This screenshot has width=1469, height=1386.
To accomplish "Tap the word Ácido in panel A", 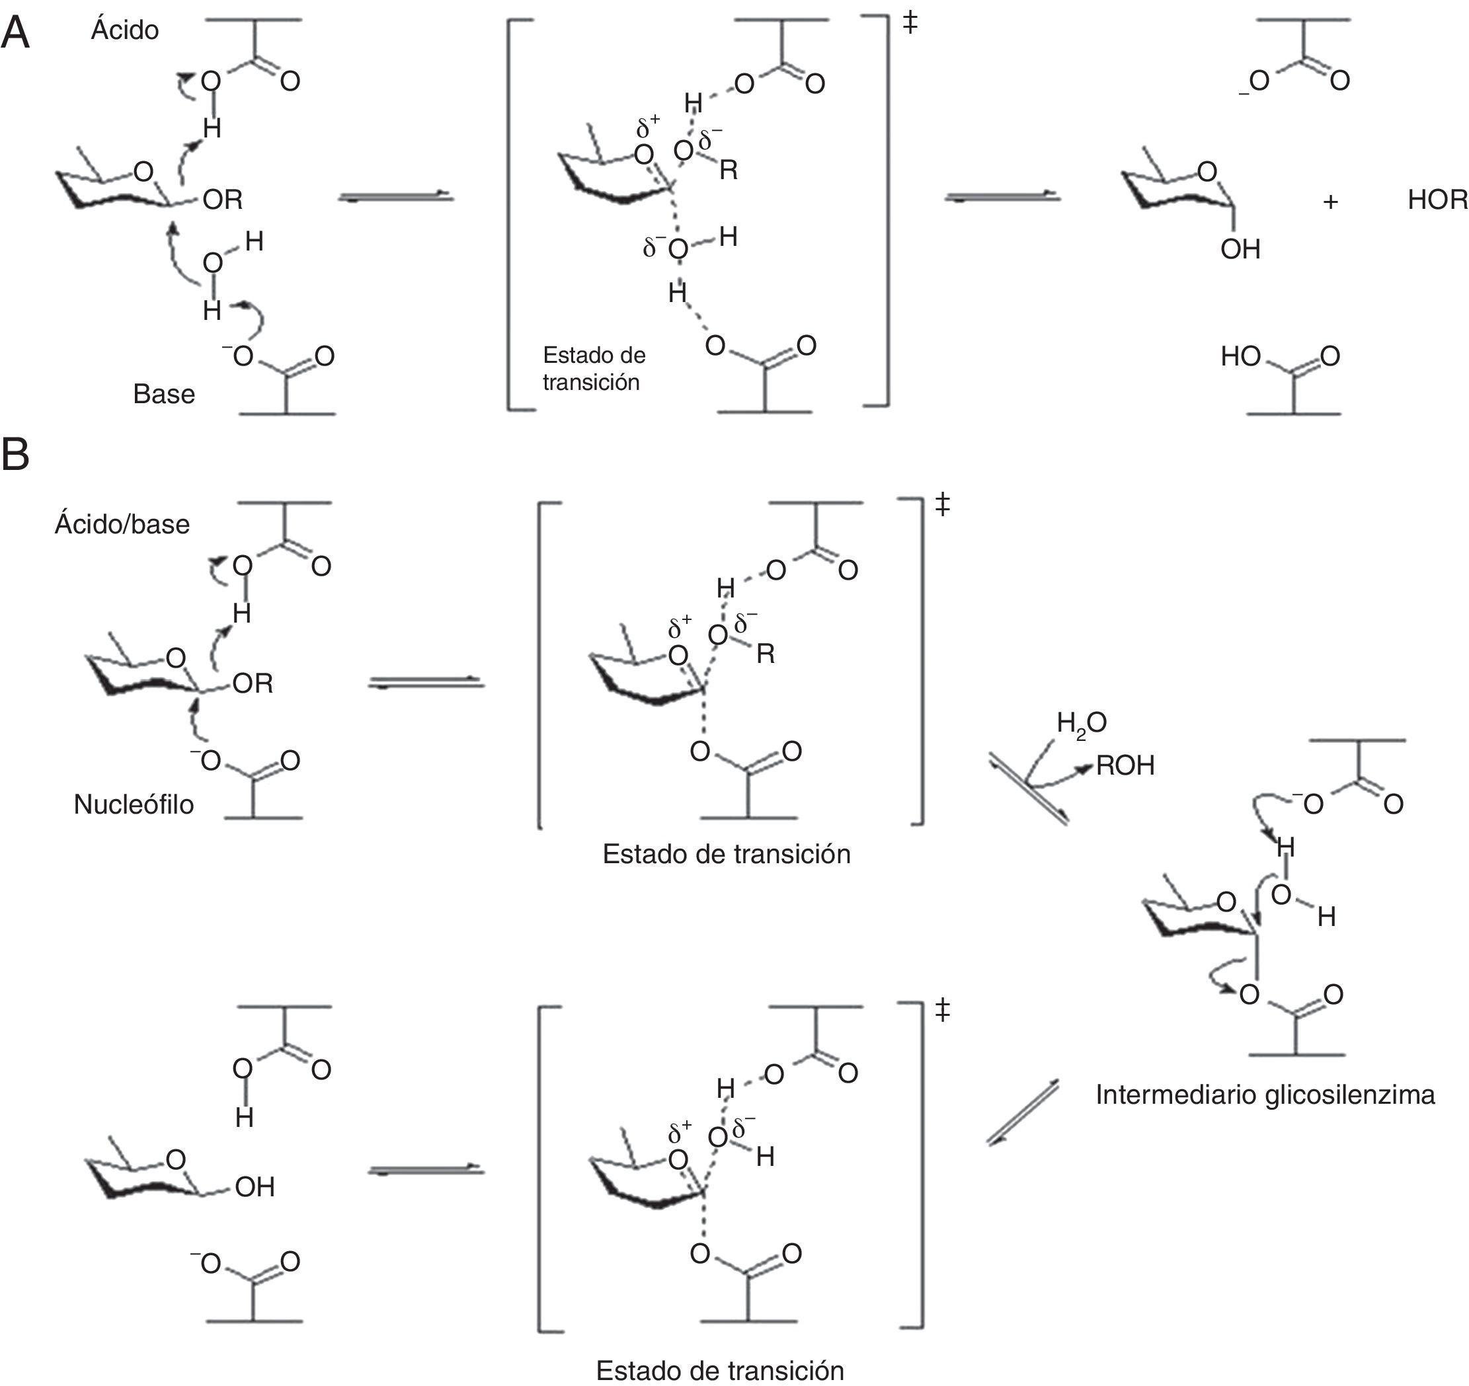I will (125, 30).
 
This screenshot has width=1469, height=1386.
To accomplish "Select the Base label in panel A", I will (164, 394).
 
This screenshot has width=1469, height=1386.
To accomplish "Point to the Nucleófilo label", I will (134, 804).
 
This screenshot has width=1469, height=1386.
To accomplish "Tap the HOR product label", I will (1437, 200).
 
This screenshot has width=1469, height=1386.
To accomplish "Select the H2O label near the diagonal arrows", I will (1081, 722).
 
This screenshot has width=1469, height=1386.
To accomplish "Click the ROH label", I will (1125, 765).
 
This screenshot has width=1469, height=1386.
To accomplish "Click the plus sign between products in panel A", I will (1330, 202).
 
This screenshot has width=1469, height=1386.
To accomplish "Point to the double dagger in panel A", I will (910, 24).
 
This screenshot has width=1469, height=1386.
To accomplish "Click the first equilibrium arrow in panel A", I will (395, 196).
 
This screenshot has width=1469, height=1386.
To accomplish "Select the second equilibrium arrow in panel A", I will (1003, 196).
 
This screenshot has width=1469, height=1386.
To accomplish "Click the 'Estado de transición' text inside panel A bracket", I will (594, 368).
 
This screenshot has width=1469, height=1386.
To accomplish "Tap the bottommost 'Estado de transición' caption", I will (720, 1371).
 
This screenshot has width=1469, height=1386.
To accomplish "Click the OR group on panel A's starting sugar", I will (222, 200).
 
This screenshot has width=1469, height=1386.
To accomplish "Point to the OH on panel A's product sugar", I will (1240, 249).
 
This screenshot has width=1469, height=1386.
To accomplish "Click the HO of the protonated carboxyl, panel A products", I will (1240, 356).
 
